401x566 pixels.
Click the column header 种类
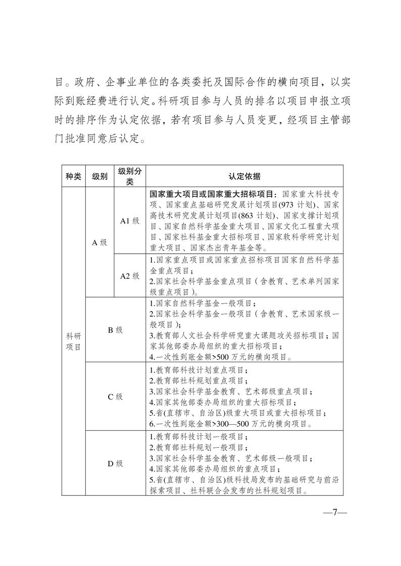pyautogui.click(x=73, y=176)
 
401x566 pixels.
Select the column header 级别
pyautogui.click(x=100, y=176)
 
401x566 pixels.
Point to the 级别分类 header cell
pyautogui.click(x=130, y=176)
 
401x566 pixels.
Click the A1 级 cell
pyautogui.click(x=130, y=221)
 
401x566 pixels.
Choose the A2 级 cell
pyautogui.click(x=130, y=275)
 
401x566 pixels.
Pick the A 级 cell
pyautogui.click(x=100, y=243)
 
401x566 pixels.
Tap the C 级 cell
pyautogui.click(x=115, y=397)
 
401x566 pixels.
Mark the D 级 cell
pyautogui.click(x=115, y=463)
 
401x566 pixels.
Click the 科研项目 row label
pyautogui.click(x=73, y=342)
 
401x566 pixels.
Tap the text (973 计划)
pyautogui.click(x=295, y=205)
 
